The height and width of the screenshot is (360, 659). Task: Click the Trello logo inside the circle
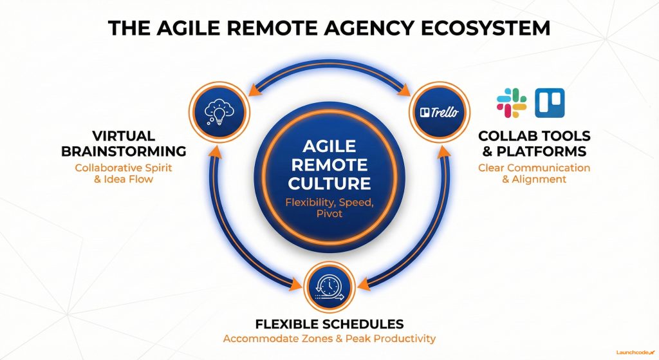(x=440, y=112)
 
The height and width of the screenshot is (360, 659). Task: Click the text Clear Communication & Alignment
(x=534, y=173)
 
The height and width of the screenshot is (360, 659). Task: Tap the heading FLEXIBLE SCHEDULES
(x=329, y=323)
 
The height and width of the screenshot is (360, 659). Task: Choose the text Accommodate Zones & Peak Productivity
(x=329, y=339)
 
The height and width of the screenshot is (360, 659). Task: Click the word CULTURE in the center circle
(x=329, y=183)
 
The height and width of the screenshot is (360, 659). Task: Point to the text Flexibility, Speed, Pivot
(x=329, y=210)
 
